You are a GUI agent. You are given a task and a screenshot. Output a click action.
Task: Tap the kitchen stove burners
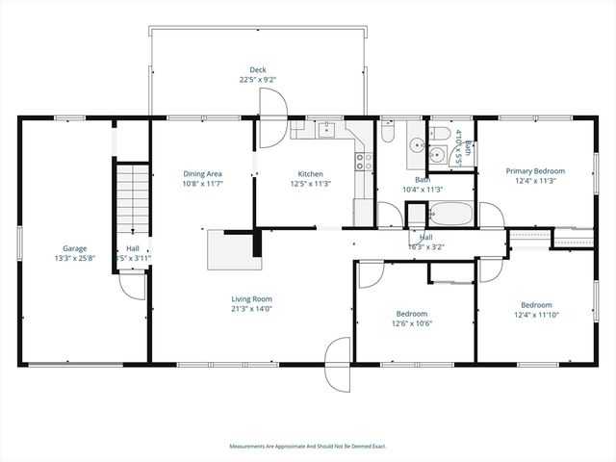[364, 161]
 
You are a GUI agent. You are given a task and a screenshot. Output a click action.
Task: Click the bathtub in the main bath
[450, 214]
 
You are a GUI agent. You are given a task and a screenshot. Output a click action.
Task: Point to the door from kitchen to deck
[270, 133]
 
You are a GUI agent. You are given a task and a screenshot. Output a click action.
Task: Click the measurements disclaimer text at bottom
[307, 446]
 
